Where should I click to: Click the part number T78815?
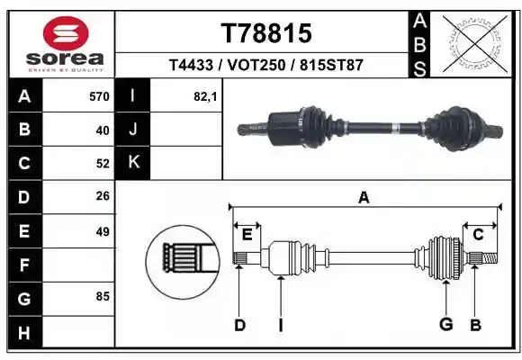[266, 33]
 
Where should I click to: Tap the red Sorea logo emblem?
[66, 33]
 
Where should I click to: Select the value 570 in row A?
[99, 96]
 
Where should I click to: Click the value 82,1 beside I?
[205, 96]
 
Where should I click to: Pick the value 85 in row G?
[103, 296]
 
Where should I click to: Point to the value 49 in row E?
[103, 231]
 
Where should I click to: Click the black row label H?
[24, 333]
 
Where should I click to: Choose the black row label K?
[133, 163]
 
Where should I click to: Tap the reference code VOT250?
[256, 65]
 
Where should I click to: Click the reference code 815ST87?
[331, 65]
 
